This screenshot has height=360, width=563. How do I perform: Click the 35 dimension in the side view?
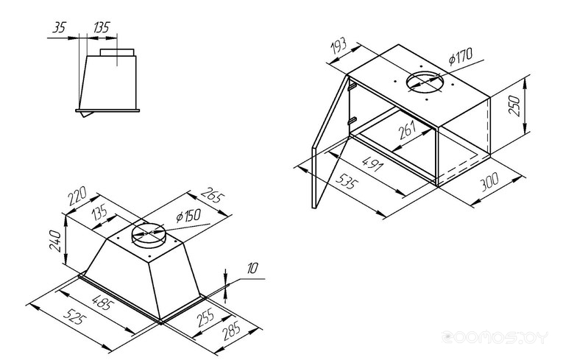60,27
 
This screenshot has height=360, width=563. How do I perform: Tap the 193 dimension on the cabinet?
339,46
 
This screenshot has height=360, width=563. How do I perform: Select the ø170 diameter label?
461,57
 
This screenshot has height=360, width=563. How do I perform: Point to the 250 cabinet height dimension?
514,105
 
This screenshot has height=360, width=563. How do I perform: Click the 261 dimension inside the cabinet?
407,130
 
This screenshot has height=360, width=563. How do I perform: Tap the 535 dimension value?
347,181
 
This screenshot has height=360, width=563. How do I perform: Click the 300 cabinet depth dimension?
489,182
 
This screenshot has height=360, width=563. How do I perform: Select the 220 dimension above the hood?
77,195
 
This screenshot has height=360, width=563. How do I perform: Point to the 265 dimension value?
213,195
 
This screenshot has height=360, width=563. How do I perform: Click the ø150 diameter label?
188,216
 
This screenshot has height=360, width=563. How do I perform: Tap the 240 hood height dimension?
55,241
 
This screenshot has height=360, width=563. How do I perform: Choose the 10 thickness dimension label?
252,268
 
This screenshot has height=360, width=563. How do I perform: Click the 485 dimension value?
103,302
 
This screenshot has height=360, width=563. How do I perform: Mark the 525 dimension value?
75,317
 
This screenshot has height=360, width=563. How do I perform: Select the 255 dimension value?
206,317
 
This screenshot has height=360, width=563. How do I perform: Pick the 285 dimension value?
232,331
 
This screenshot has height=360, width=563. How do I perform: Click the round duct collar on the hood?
148,234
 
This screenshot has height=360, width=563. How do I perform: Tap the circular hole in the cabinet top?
424,82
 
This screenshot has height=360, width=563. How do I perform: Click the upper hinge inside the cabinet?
352,86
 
